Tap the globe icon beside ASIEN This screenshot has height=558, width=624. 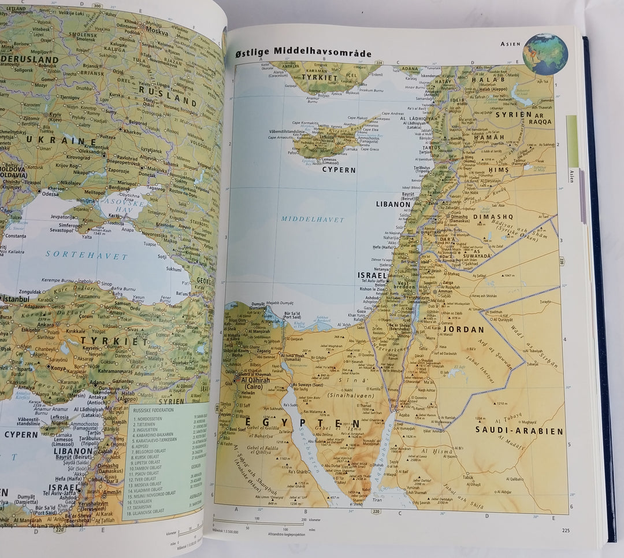(x=545, y=54)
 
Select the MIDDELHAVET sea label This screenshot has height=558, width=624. (x=313, y=220)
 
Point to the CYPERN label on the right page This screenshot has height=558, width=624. (x=339, y=170)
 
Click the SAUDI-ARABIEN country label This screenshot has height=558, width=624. (x=519, y=431)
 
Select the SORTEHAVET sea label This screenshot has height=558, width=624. (x=86, y=256)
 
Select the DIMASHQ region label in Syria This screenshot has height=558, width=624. (x=493, y=217)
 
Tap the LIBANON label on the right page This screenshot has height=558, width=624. (x=393, y=204)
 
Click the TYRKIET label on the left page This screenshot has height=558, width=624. (x=114, y=341)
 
